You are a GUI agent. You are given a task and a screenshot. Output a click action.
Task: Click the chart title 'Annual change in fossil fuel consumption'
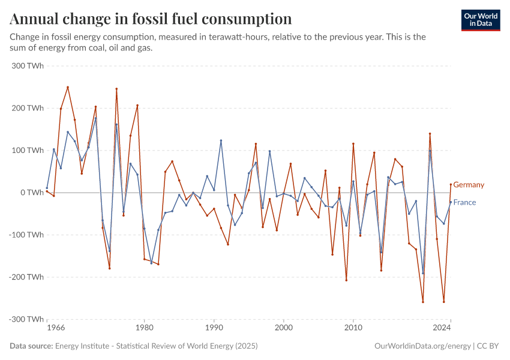[151, 19]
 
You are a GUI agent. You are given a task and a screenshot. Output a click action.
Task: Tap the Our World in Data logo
[481, 20]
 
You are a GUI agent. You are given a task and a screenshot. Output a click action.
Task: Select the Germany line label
[469, 185]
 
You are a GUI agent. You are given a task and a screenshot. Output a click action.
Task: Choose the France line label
[464, 202]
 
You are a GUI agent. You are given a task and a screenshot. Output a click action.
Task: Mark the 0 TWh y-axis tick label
[31, 193]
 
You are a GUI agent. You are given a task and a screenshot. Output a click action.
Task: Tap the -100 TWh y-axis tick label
[26, 235]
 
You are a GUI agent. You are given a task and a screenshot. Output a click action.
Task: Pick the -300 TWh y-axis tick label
[26, 319]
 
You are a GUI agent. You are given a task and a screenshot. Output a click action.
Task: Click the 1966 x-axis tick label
[56, 328]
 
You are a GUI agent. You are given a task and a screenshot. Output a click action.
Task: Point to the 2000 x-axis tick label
[284, 328]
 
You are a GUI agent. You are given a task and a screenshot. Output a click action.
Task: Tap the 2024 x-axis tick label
[442, 328]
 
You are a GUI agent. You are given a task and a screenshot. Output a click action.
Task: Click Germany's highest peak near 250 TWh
[68, 87]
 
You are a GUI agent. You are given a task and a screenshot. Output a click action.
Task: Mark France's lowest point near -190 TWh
[423, 273]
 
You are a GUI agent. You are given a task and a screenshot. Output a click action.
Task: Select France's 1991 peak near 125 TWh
[221, 140]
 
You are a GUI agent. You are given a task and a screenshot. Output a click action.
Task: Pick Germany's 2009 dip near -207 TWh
[346, 280]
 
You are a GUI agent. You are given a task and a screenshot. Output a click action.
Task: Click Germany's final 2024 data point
[451, 184]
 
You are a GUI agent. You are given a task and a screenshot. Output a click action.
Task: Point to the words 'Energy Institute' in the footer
[82, 346]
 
